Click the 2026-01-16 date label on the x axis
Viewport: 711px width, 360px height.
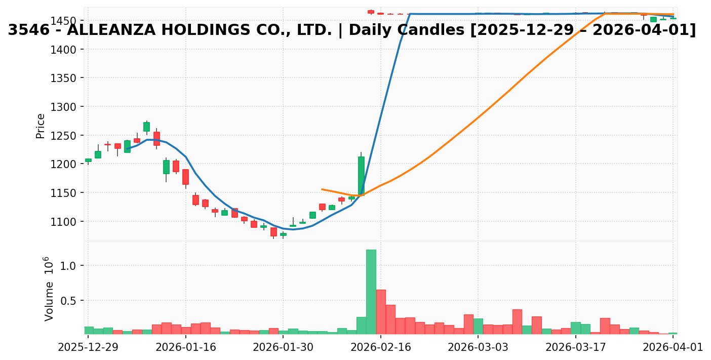[186, 347]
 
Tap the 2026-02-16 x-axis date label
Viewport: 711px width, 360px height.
[381, 347]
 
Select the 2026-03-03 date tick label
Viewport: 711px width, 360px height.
[479, 347]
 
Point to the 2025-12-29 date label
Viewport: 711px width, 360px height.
[88, 347]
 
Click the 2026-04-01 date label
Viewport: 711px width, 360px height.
[673, 347]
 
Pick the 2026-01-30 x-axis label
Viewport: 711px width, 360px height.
[283, 347]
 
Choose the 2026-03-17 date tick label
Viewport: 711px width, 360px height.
[576, 347]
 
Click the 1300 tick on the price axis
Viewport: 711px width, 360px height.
[66, 107]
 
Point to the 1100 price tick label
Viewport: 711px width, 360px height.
[66, 222]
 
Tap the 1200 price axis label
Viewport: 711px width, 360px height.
[66, 164]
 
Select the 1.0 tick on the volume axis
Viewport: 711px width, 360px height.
[71, 266]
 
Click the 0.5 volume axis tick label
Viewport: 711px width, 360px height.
[71, 301]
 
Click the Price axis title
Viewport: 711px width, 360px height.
[41, 126]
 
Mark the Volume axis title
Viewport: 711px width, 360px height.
[49, 289]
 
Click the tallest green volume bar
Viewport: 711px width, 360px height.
[371, 292]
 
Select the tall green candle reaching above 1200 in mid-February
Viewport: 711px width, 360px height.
[361, 176]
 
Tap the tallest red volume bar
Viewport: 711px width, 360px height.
[381, 311]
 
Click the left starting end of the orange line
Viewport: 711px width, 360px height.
[322, 189]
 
